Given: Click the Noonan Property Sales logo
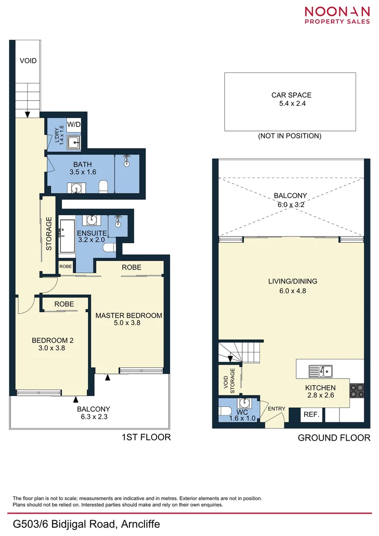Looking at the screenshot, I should pos(337,15).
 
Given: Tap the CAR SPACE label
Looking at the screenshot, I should pos(291,95).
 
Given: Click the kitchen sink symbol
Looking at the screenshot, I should pos(321,370).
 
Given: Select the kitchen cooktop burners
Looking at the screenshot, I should pos(357,392).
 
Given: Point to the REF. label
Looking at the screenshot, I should pos(311,414).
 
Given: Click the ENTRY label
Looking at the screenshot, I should pos(276,409).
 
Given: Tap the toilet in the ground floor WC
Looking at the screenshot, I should pos(225,411).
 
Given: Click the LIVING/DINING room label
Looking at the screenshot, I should pos(292,281).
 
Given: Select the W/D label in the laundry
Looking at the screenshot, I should pos(74,124).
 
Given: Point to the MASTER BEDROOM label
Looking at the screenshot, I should pos(128,316).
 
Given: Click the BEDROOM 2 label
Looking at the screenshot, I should pos(53,340).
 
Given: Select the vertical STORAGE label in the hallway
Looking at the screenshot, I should pos(49,234).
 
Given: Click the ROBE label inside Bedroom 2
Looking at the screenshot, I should pos(64,304).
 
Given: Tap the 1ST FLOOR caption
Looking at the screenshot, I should pos(146,437).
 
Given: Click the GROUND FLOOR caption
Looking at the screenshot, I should pos(333,438).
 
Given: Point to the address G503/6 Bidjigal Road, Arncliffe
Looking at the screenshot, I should pos(86,524).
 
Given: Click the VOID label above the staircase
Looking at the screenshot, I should pos(28,61).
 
